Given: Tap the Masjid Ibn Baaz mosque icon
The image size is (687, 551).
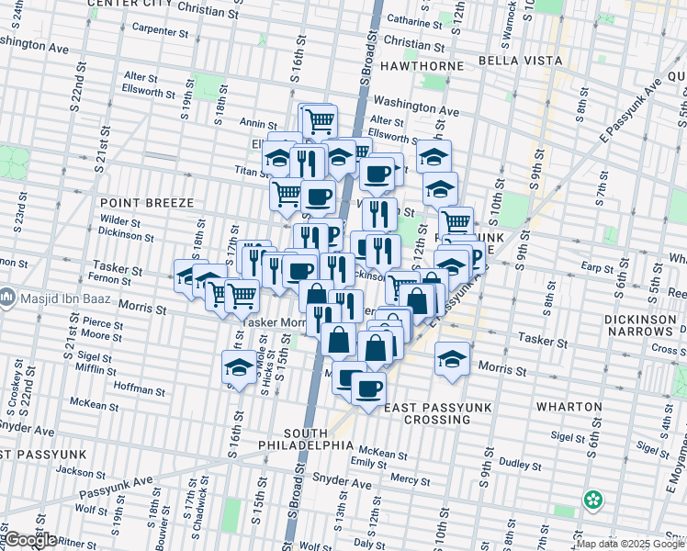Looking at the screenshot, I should pos(7,298).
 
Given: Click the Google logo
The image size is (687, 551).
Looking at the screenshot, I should pos(29,540).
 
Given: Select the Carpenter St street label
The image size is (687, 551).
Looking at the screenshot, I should pos(160,29).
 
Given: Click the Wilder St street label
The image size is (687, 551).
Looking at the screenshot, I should pos(120,221).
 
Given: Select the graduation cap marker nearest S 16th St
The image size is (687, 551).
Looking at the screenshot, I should pos(239,368).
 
